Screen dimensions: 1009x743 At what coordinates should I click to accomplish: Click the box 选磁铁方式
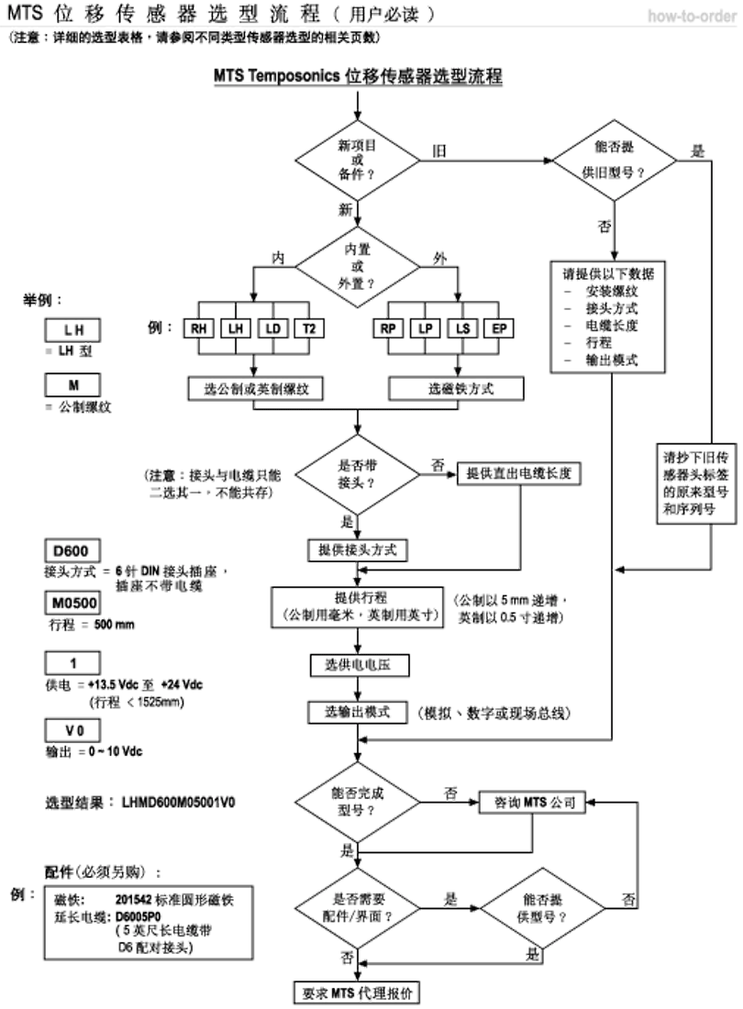460,389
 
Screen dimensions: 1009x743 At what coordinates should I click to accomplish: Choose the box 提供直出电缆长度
520,472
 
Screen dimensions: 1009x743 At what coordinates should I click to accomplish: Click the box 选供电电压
358,664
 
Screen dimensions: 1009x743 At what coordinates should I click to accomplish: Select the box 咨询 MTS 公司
533,803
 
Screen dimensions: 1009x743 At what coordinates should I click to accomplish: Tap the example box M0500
72,602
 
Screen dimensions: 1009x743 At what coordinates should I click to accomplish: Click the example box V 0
72,730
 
